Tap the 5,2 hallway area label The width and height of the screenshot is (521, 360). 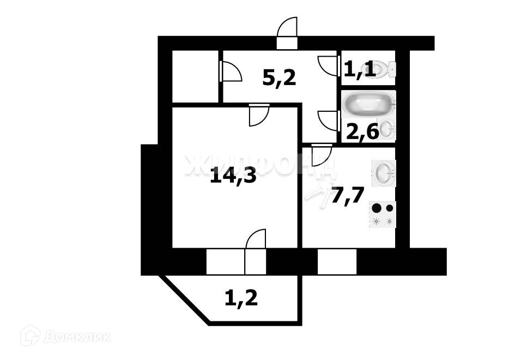(279, 78)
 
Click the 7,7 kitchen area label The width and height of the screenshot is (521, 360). (347, 195)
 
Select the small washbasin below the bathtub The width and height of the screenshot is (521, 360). (386, 129)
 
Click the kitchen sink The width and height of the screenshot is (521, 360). (384, 172)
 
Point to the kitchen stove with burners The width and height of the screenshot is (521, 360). (383, 214)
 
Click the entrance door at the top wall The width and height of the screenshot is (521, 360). (287, 33)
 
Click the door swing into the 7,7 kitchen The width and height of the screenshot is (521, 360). (322, 154)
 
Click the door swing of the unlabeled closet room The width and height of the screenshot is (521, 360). (230, 71)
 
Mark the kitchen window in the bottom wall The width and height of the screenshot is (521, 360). (337, 262)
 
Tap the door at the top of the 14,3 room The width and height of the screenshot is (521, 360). (258, 115)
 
